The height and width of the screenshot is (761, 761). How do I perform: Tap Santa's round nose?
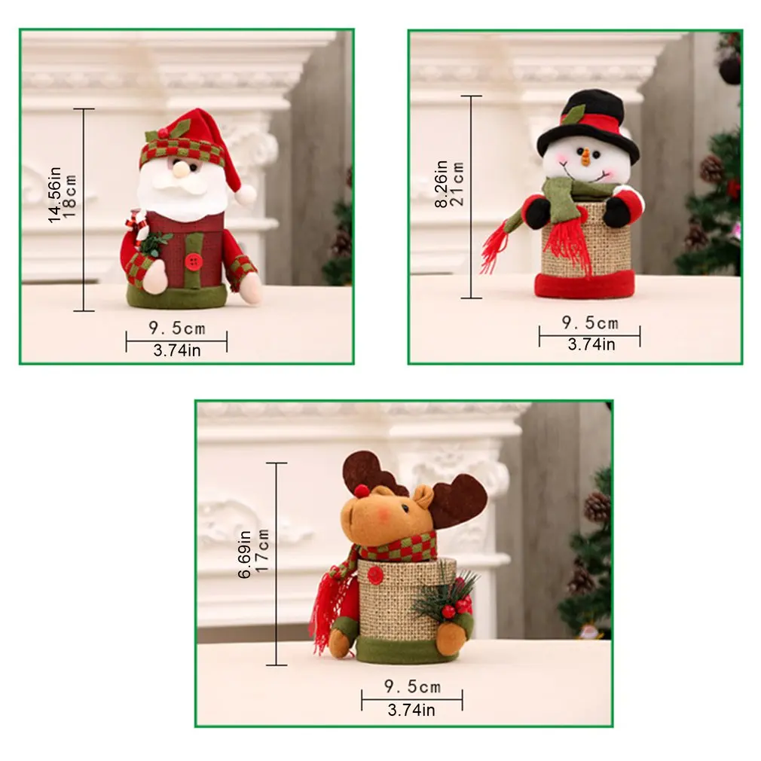[x=181, y=171]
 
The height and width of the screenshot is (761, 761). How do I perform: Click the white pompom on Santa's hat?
[x=245, y=195]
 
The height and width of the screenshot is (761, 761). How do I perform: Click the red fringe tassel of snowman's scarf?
[x=494, y=249]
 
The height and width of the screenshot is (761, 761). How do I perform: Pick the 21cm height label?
[x=457, y=185]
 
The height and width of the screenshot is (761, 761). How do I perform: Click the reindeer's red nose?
[x=363, y=491]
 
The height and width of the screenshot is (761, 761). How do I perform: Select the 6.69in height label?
[x=246, y=554]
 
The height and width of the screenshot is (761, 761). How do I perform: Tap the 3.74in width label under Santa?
[x=177, y=350]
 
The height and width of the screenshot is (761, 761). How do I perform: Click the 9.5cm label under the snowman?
[x=590, y=324]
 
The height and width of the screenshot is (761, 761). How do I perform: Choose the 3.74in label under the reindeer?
[x=411, y=709]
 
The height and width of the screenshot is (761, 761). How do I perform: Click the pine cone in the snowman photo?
[x=711, y=169]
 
